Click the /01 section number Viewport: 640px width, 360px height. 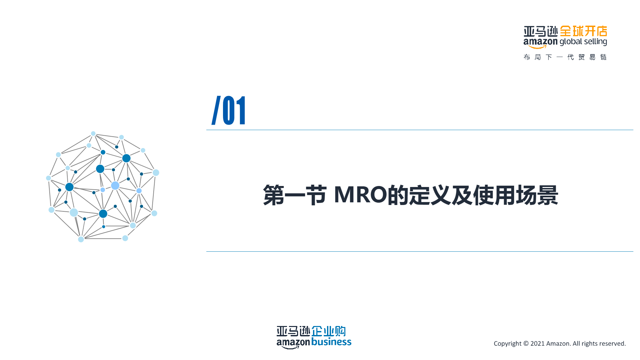click(x=229, y=110)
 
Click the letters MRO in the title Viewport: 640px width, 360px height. click(x=360, y=195)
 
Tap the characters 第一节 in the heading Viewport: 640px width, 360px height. click(x=294, y=195)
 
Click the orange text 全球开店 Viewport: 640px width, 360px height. click(x=583, y=31)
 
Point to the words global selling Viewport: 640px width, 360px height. click(x=583, y=42)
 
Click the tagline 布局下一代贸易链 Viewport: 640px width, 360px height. click(x=565, y=57)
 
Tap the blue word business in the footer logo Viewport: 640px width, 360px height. click(x=331, y=342)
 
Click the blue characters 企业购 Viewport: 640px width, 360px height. click(x=328, y=331)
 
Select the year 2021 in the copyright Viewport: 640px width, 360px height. click(x=537, y=344)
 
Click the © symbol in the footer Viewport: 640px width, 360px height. click(x=526, y=344)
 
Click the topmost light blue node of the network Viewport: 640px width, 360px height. click(x=93, y=134)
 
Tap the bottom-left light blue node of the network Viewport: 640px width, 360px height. click(x=81, y=239)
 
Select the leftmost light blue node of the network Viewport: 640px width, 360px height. click(x=49, y=178)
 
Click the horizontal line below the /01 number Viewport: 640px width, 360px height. click(x=420, y=130)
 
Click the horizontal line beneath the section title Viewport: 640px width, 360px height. click(x=420, y=251)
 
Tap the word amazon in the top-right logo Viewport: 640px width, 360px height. click(x=540, y=42)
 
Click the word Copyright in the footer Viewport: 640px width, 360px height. click(x=507, y=344)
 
